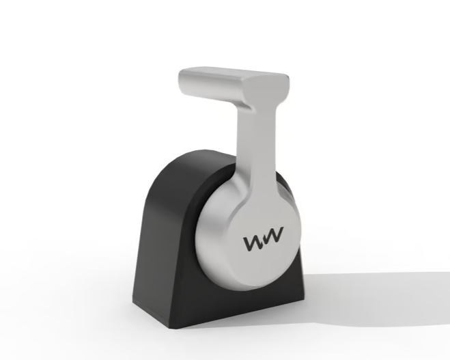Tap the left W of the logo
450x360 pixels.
click(253, 243)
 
